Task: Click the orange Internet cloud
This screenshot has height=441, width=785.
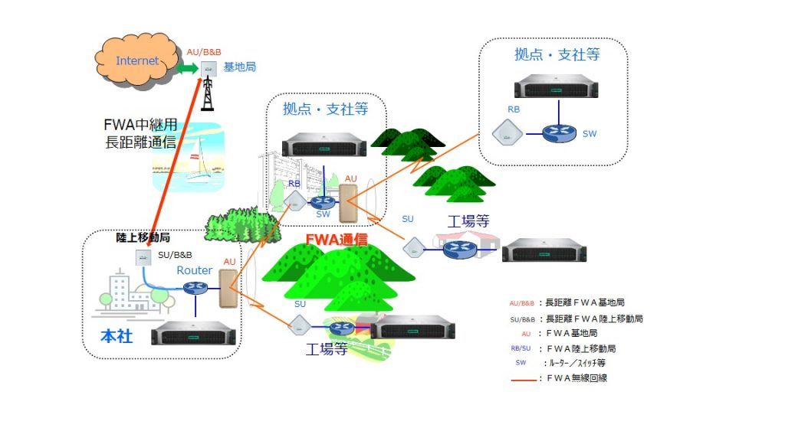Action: click(138, 61)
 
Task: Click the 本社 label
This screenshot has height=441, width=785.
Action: click(117, 335)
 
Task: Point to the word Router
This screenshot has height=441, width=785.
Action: click(195, 270)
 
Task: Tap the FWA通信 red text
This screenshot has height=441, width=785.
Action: click(337, 239)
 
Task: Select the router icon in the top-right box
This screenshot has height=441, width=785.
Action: click(558, 132)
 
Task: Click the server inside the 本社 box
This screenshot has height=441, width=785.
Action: click(193, 334)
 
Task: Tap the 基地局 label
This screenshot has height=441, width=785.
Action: click(239, 67)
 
